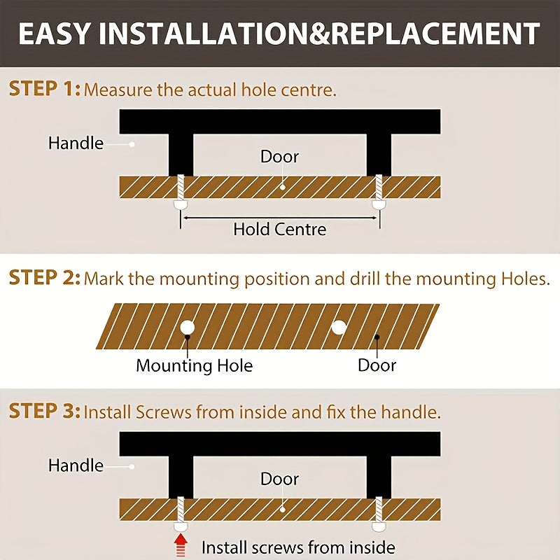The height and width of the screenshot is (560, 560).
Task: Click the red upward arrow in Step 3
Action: point(181,545)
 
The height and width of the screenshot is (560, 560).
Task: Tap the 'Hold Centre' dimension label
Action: point(279,230)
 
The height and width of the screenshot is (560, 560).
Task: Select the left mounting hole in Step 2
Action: point(187,327)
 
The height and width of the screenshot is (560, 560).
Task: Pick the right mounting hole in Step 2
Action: point(339,327)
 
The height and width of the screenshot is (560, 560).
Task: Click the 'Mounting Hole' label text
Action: point(195,365)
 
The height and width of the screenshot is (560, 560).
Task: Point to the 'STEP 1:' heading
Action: point(45,89)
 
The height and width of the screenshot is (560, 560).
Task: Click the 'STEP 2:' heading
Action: point(45,278)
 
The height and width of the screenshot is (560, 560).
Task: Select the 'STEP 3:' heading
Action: point(45,411)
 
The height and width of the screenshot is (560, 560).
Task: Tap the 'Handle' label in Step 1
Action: point(76,143)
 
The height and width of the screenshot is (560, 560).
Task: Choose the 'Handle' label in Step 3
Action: point(76,465)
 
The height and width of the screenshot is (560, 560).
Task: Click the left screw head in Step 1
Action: point(181,204)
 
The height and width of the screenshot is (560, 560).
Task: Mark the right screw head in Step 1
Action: point(379,204)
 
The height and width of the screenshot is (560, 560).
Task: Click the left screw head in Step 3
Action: point(181,527)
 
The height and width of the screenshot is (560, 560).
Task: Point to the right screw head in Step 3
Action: point(379,527)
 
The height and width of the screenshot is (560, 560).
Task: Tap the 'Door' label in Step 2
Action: point(377,365)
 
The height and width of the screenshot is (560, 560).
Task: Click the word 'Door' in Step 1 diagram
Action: point(279,157)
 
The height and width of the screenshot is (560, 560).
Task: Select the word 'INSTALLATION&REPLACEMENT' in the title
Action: point(320,34)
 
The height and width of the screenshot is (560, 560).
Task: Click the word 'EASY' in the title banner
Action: point(55,34)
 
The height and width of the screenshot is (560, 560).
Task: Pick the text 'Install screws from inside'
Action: point(298,547)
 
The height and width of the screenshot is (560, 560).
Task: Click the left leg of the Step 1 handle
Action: point(181,155)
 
